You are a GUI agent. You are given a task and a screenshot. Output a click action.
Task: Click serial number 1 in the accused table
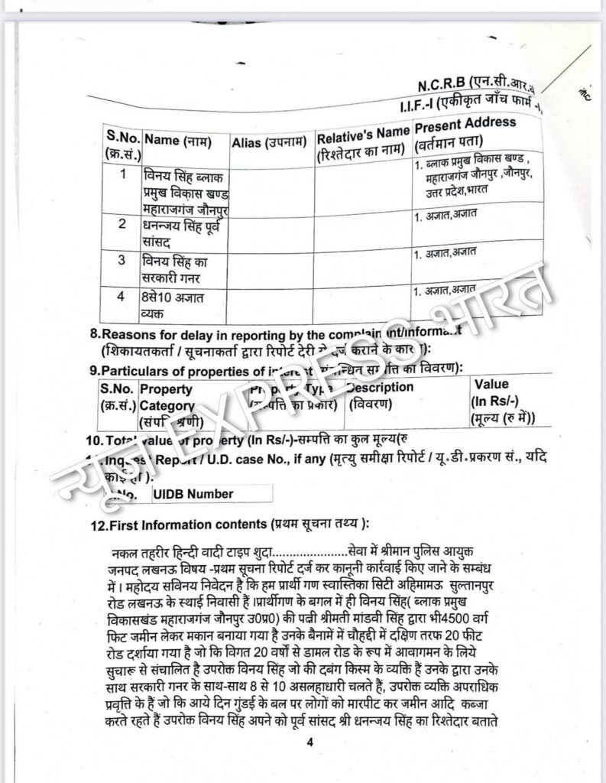point(122,174)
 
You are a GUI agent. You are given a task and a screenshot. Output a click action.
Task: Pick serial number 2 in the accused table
point(122,224)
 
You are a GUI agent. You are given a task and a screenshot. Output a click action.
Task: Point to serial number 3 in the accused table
point(122,259)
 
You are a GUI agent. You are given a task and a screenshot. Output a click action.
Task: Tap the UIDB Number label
point(193,494)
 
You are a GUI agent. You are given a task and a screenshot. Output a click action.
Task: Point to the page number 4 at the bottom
point(309,742)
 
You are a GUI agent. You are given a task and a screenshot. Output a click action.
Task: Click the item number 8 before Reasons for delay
point(95,334)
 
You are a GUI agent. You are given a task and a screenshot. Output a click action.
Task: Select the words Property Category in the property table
point(167,398)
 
